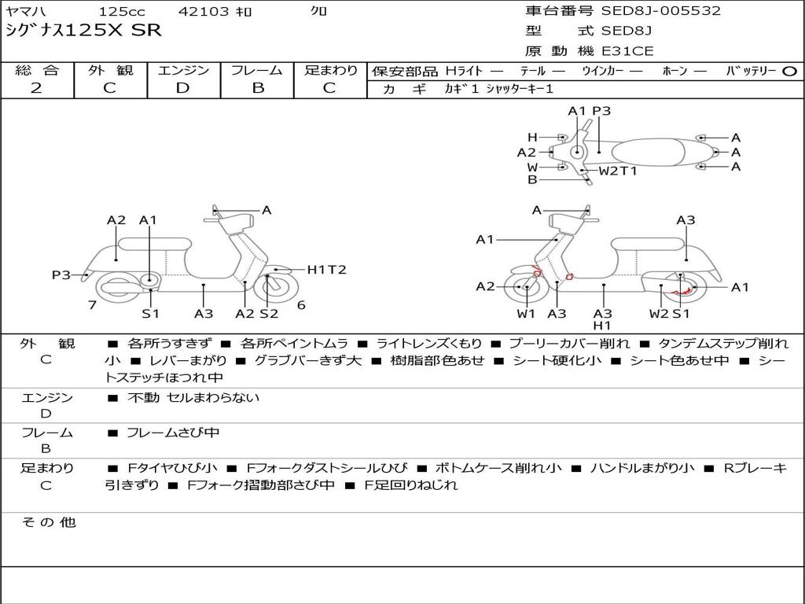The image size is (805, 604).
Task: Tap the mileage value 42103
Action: coord(204,12)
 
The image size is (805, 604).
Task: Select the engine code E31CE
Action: coord(627,52)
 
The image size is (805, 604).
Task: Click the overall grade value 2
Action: coord(36,88)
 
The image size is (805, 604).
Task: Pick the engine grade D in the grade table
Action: coord(183,88)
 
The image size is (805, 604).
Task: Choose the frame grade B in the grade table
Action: coord(257,88)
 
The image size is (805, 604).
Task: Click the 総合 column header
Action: coord(36,70)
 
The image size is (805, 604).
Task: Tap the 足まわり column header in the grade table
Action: coord(330,70)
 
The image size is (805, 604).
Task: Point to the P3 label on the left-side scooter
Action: coord(61,274)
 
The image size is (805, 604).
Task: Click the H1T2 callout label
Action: coord(326,270)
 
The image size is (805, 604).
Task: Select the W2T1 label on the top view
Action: coord(618,171)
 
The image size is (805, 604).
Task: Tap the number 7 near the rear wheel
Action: coord(92,304)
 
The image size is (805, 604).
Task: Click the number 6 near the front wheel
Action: coord(301,305)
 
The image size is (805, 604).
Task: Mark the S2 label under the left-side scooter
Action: coord(269,314)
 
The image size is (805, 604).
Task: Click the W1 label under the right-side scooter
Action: coord(526,314)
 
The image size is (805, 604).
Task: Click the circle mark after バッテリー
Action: coord(790,71)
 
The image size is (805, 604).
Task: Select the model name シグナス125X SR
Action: coord(83,31)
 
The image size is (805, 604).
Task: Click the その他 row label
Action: coord(48,521)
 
